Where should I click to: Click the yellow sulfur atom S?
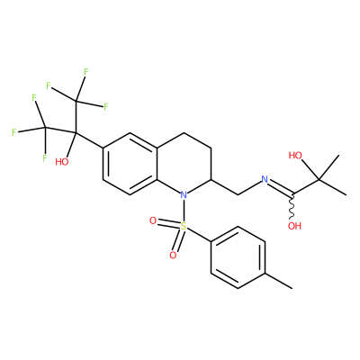184,226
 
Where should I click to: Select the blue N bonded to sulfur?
184,195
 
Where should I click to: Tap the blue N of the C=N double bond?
265,179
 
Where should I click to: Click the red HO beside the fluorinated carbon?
62,162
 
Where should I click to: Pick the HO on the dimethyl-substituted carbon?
295,156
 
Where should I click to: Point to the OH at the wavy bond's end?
294,226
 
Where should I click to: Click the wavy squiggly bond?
292,207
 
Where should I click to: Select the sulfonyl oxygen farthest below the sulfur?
173,256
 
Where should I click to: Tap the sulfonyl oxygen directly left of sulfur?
153,221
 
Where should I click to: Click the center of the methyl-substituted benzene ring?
238,257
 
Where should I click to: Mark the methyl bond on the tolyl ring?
278,281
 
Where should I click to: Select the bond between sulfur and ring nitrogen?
184,211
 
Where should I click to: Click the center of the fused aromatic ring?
130,164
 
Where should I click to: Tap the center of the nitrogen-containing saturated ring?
184,164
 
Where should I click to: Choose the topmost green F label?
86,72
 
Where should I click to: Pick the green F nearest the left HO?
45,157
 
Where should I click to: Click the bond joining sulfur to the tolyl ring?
199,234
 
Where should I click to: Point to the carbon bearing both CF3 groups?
76,132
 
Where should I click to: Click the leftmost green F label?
13,132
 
